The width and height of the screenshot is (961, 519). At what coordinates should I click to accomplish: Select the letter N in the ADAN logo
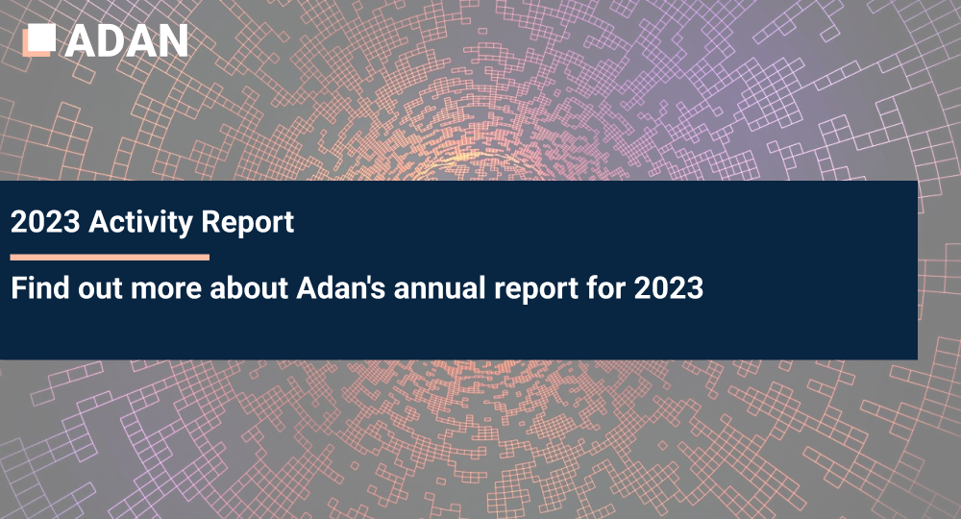pos(172,39)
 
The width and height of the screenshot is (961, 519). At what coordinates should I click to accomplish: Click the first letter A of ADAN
pos(82,39)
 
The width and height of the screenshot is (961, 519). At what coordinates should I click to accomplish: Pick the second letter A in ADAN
pos(141,39)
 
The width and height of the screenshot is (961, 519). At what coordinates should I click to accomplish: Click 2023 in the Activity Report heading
pos(44,223)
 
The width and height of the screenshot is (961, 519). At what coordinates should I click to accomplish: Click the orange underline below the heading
pos(110,258)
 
